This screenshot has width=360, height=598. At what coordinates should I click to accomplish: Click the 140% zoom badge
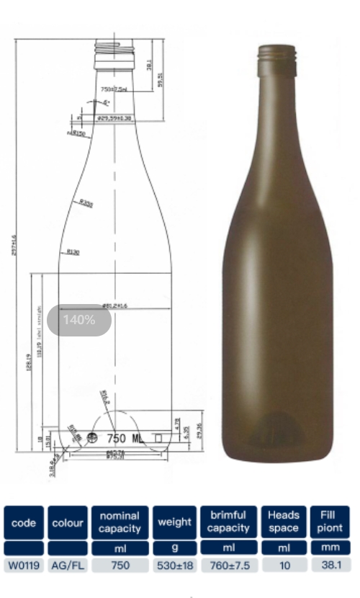[79, 320]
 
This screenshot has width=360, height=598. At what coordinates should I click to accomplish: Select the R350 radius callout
[86, 204]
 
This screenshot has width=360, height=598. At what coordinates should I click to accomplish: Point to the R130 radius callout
[72, 251]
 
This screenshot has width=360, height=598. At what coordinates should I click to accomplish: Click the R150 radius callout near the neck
[77, 133]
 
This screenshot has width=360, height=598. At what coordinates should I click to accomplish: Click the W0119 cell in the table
[24, 566]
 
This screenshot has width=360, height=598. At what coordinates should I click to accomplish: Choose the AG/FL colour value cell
[68, 566]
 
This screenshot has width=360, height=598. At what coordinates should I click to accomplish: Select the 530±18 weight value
[174, 566]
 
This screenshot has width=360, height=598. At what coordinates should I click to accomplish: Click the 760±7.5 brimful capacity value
[229, 566]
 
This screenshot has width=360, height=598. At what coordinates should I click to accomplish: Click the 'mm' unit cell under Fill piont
[330, 548]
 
